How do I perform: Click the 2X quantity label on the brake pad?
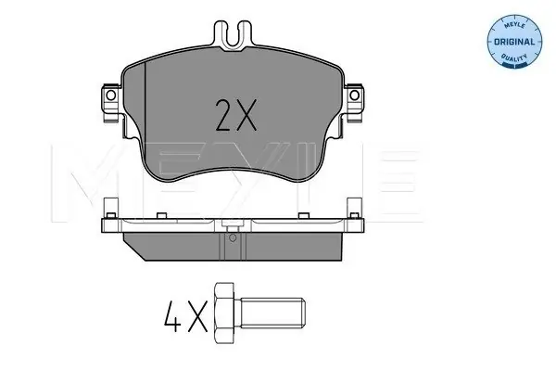235,115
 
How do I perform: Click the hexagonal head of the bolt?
224,313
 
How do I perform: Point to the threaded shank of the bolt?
272,313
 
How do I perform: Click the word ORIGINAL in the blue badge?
514,42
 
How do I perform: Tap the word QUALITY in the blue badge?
514,57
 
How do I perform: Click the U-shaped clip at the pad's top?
233,35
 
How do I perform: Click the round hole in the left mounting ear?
110,96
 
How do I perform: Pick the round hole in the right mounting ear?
354,96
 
